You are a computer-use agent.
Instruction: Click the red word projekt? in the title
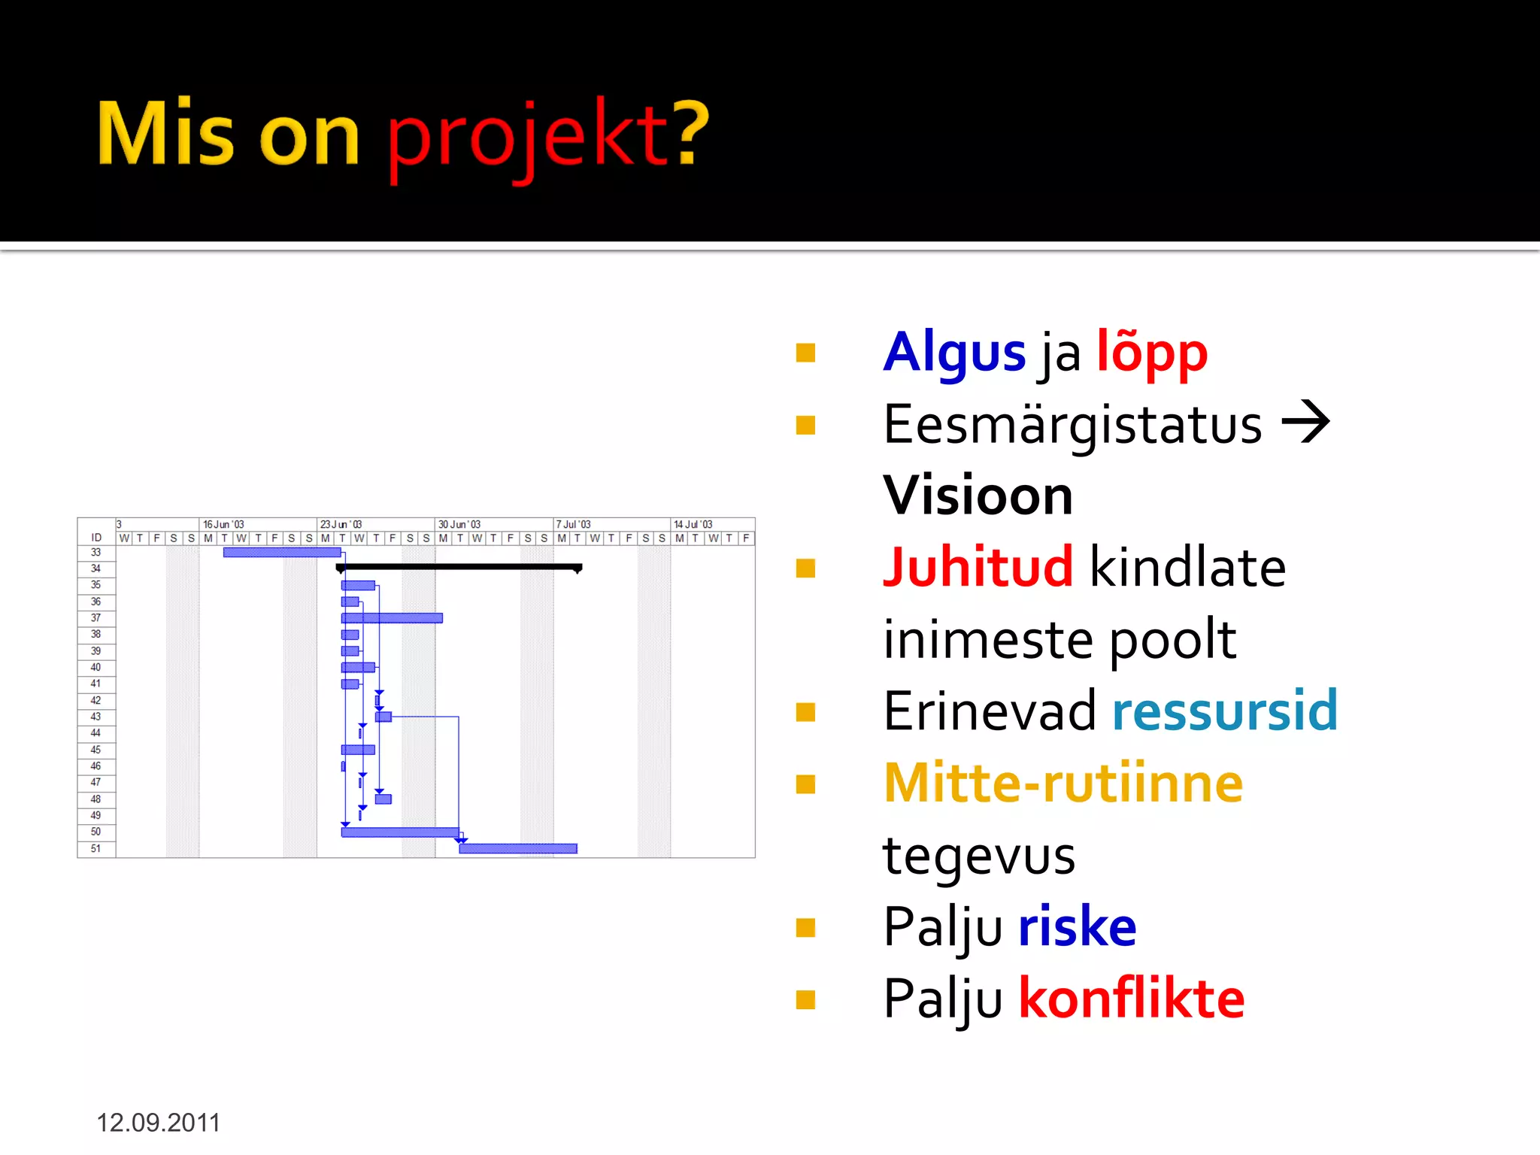[x=547, y=135]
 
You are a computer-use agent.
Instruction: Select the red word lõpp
[x=1151, y=353]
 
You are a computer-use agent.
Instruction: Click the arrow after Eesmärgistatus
[x=1305, y=423]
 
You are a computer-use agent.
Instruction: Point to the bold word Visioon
[x=978, y=496]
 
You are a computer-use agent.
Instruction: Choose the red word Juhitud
[x=978, y=567]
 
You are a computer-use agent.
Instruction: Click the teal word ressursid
[x=1224, y=711]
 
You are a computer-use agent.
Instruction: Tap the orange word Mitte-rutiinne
[x=1063, y=784]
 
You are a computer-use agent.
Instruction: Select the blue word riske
[x=1077, y=926]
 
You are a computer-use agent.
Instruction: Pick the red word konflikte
[x=1131, y=999]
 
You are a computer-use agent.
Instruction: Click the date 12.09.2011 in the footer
[x=158, y=1123]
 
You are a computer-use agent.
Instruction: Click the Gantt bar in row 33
[x=282, y=553]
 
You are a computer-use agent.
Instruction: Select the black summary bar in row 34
[x=459, y=567]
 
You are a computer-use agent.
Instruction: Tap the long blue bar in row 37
[x=392, y=618]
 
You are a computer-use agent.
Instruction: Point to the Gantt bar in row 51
[x=518, y=848]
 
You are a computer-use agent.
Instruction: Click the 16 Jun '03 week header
[x=224, y=524]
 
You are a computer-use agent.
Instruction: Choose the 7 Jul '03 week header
[x=574, y=524]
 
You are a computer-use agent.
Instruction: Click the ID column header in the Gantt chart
[x=96, y=538]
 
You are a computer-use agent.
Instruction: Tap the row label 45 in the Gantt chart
[x=96, y=750]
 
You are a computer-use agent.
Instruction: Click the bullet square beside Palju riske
[x=805, y=928]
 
